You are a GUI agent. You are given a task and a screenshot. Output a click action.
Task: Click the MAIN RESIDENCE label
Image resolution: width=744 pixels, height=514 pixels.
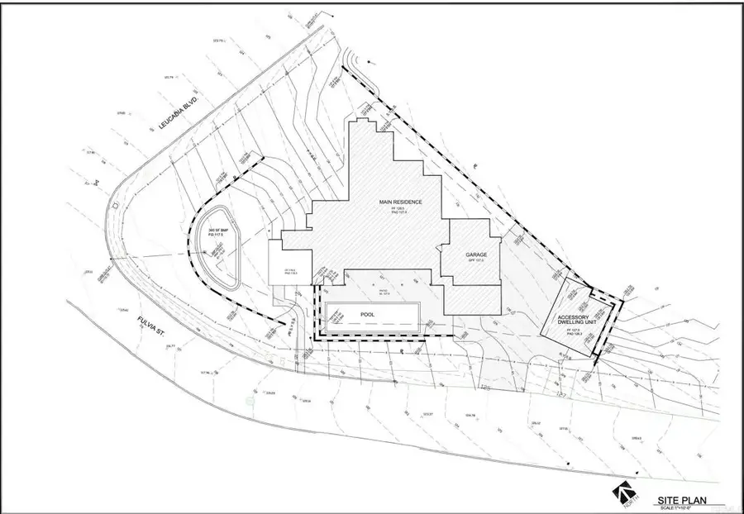click(x=401, y=202)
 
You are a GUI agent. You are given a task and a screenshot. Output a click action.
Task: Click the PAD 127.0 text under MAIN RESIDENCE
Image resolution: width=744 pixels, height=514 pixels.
click(x=401, y=214)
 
